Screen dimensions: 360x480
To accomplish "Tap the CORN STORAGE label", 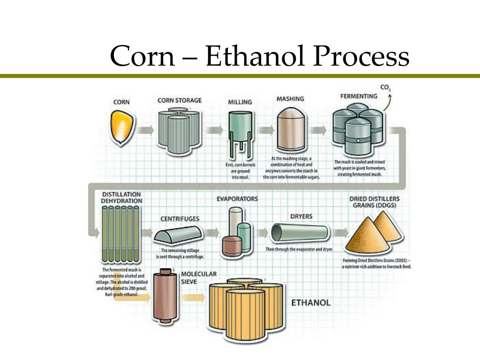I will (x=180, y=100).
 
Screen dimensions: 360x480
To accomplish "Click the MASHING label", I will (x=290, y=99).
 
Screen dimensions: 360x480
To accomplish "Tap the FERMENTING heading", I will (x=359, y=96).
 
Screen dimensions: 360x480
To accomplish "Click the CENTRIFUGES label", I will (x=180, y=218).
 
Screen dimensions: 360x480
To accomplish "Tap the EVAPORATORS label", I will (x=237, y=199).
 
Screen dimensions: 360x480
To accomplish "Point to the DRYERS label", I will (x=301, y=217).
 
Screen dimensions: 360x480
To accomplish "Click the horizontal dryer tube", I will (x=301, y=233).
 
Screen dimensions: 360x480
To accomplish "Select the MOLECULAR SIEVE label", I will (x=198, y=278).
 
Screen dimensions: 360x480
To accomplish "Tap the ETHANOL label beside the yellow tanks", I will (x=311, y=302).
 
